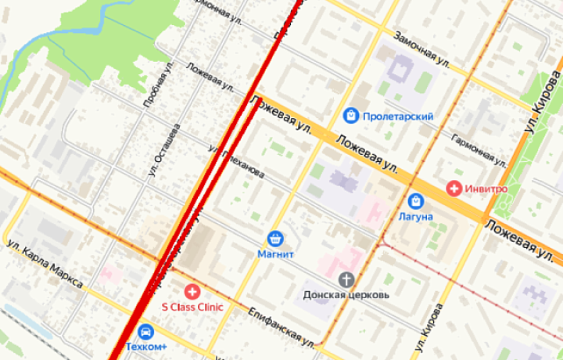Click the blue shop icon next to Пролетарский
coord(352,116)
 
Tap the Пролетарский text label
coord(399,117)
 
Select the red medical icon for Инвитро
coord(454,189)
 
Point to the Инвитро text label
coord(487,189)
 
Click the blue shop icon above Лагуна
coord(415,200)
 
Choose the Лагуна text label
coord(415,217)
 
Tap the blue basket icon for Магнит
coord(274,238)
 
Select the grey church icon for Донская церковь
coord(346,279)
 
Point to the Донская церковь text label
coord(346,296)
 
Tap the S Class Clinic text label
coord(192,308)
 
